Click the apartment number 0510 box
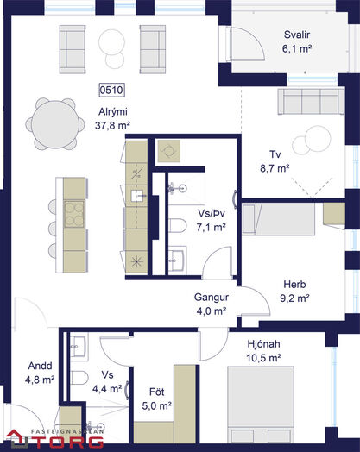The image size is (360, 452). point(111,90)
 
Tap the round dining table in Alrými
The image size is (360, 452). point(55,124)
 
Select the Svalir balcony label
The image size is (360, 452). point(297,35)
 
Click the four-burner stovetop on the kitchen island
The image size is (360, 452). point(74,214)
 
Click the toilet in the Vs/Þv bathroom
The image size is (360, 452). point(177,225)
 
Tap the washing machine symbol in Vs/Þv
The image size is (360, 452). point(169,151)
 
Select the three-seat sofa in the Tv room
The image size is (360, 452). point(312,102)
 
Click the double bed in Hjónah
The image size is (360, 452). point(261,405)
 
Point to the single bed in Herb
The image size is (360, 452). point(278,219)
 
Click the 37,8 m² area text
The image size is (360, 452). point(112,126)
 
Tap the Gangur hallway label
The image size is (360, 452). point(212,298)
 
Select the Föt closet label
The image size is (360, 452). point(157,392)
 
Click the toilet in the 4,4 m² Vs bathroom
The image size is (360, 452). point(79,378)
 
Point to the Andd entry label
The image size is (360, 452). point(40,366)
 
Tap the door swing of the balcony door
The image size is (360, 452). point(254,41)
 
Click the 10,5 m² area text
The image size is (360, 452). point(263,358)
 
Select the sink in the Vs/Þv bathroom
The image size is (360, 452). point(177,261)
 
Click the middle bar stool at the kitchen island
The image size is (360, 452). point(53,229)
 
